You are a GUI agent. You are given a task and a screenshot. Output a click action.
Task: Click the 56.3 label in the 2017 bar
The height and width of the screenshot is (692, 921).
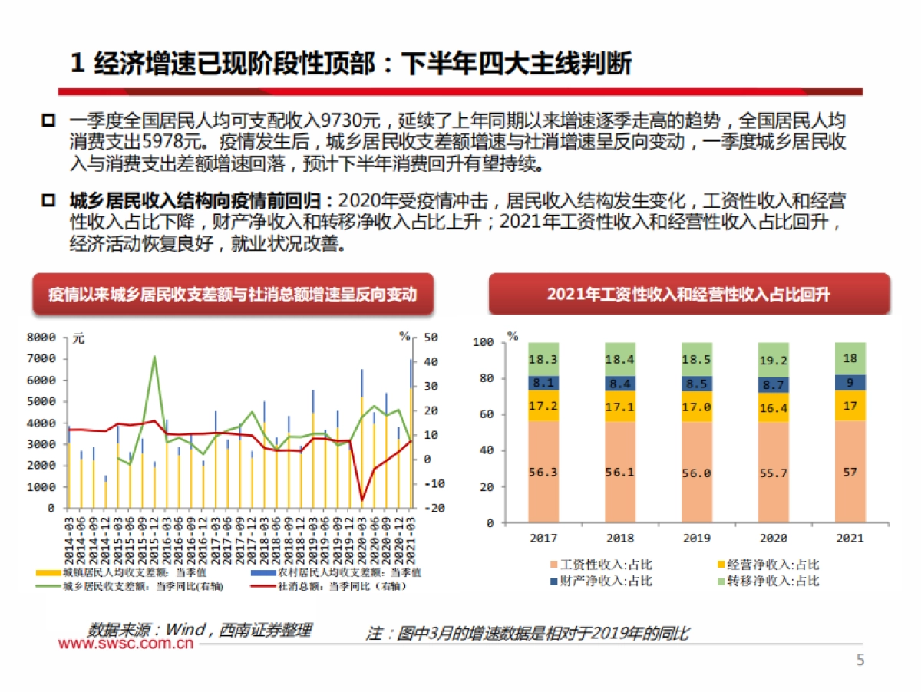click(x=543, y=472)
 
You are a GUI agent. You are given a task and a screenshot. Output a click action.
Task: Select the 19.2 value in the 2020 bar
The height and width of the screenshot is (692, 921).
click(x=773, y=360)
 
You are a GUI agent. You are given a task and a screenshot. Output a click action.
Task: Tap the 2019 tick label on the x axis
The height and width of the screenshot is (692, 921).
click(x=696, y=538)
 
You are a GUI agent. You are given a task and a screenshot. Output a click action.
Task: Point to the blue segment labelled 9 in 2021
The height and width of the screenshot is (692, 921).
click(x=850, y=382)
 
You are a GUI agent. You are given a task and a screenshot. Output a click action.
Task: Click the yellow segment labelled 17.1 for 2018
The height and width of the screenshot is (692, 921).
click(x=619, y=407)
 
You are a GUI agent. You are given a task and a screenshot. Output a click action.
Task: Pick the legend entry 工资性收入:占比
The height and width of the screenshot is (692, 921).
click(x=599, y=565)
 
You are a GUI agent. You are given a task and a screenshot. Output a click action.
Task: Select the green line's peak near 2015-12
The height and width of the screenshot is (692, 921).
click(x=154, y=356)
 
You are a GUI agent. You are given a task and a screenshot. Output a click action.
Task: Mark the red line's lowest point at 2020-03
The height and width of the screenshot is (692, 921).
click(x=362, y=500)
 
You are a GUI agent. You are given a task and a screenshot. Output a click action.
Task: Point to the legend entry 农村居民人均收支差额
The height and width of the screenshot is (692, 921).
click(x=338, y=572)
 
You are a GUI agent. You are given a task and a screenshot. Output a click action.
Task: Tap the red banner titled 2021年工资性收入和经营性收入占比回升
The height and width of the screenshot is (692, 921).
click(x=688, y=295)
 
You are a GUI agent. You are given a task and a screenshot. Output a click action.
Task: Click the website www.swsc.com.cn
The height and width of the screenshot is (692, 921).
click(x=126, y=644)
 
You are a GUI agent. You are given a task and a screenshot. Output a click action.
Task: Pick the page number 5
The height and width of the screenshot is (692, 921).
click(x=860, y=661)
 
